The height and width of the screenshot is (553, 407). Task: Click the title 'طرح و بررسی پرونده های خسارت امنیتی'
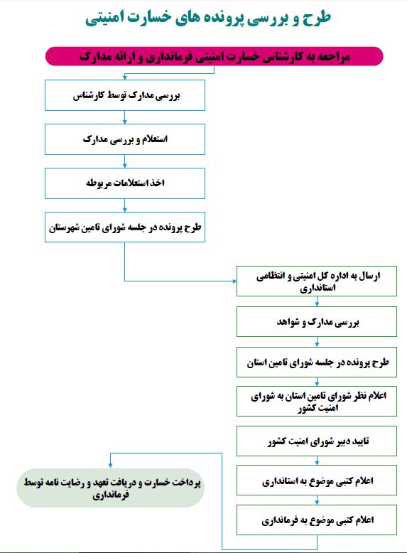pyautogui.click(x=208, y=18)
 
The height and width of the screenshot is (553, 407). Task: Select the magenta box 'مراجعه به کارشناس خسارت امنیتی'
pyautogui.click(x=215, y=56)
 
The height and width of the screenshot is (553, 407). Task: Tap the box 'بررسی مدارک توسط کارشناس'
pyautogui.click(x=125, y=95)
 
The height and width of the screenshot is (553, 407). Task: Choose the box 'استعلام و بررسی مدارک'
pyautogui.click(x=125, y=139)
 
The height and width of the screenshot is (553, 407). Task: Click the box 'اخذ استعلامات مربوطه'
pyautogui.click(x=125, y=183)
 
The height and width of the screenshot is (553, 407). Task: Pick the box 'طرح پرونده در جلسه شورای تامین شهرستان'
pyautogui.click(x=125, y=227)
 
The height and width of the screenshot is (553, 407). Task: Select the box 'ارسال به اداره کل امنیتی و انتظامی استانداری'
pyautogui.click(x=317, y=281)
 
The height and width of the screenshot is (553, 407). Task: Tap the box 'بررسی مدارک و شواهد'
pyautogui.click(x=317, y=322)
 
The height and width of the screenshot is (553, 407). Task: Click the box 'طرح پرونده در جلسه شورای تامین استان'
pyautogui.click(x=317, y=363)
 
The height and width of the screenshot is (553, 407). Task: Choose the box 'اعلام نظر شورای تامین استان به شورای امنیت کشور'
pyautogui.click(x=317, y=402)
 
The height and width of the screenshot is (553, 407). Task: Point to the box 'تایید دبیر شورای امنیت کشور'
pyautogui.click(x=317, y=441)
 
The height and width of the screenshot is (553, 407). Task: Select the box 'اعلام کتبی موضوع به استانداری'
pyautogui.click(x=317, y=480)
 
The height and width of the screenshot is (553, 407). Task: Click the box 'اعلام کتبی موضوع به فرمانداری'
pyautogui.click(x=317, y=520)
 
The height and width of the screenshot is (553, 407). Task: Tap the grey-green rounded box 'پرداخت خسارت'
pyautogui.click(x=110, y=488)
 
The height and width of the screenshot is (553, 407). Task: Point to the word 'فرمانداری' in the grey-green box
pyautogui.click(x=111, y=495)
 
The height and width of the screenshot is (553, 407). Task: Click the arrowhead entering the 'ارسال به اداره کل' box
pyautogui.click(x=234, y=281)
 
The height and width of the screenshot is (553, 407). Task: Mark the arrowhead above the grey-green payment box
pyautogui.click(x=110, y=466)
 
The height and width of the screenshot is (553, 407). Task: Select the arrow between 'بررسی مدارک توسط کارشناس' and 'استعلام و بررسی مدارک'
pyautogui.click(x=125, y=117)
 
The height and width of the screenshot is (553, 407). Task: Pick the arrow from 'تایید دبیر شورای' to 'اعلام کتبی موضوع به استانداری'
pyautogui.click(x=317, y=461)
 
